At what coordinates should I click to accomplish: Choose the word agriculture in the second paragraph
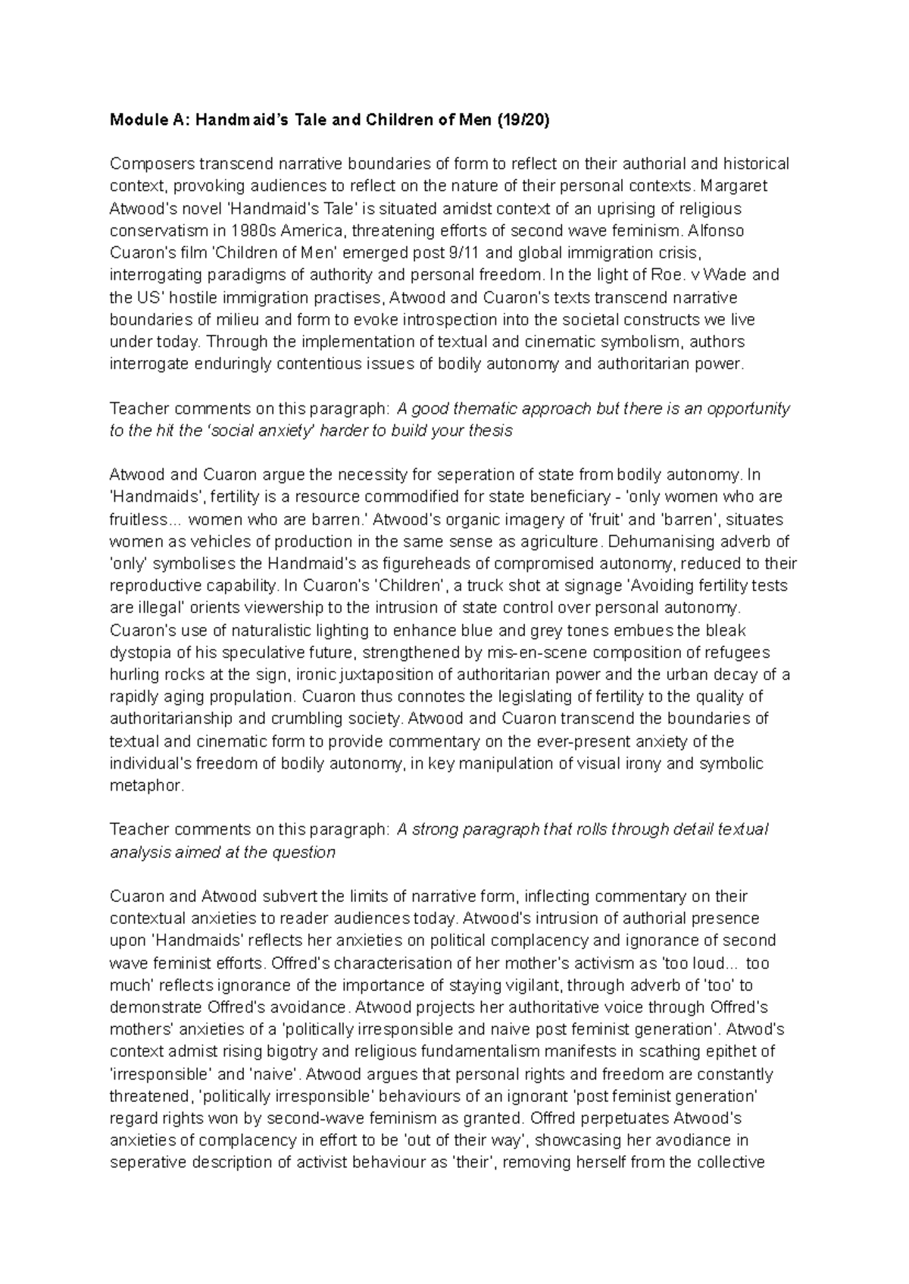[x=558, y=542]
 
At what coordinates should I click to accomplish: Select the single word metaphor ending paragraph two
[x=146, y=785]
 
